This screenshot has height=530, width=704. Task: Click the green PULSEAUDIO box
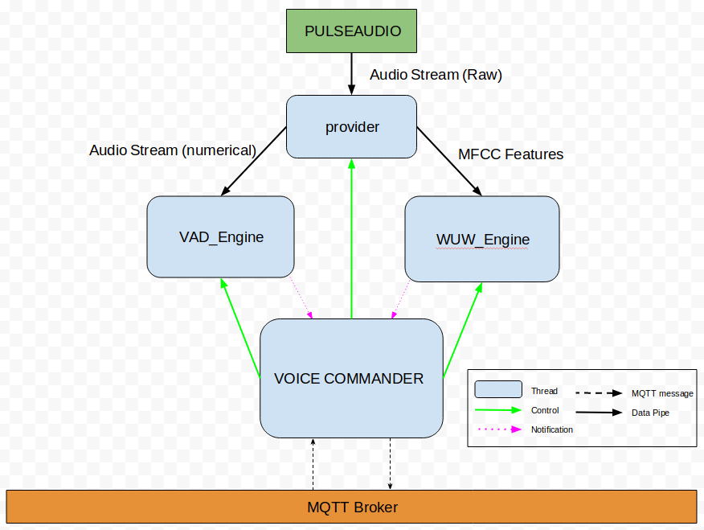(x=352, y=31)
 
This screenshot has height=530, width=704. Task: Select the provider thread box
(x=352, y=126)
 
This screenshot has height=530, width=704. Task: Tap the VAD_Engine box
(x=221, y=236)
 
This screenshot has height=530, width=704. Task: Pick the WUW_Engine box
(x=482, y=239)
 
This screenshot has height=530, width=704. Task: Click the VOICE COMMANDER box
(x=351, y=378)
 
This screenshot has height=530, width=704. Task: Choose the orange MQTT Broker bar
(x=352, y=507)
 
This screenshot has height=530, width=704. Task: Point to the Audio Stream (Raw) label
(x=436, y=75)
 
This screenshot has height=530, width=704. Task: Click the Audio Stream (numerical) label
(x=173, y=150)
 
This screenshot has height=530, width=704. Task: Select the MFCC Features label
(x=510, y=154)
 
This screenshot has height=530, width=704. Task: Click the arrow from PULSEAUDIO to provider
(x=352, y=74)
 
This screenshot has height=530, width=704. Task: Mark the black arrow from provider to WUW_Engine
(x=448, y=161)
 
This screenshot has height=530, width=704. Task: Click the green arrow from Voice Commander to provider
(x=351, y=241)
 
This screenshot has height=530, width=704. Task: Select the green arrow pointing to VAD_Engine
(x=240, y=327)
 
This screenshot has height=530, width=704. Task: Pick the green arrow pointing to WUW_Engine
(x=463, y=329)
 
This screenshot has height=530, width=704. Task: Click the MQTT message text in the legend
(x=662, y=393)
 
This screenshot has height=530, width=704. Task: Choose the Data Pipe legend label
(x=650, y=413)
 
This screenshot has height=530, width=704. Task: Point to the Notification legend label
(x=552, y=429)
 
